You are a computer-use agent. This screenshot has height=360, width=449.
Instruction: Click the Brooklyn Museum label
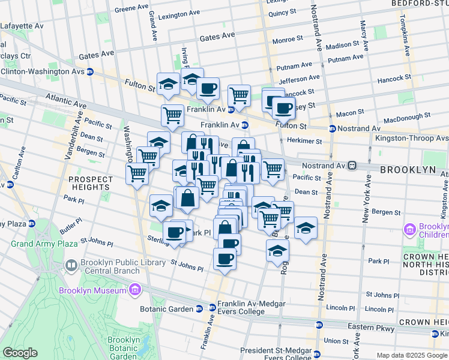coord(92,291)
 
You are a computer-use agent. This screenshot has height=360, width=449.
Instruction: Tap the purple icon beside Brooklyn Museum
coord(134,291)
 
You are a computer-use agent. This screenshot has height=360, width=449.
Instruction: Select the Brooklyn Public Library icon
coord(71,265)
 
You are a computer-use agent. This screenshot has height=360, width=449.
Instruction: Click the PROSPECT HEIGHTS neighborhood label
coord(90,184)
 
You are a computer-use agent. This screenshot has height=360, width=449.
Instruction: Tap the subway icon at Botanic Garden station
coord(199,308)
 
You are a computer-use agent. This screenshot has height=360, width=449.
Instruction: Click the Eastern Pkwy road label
coord(372,328)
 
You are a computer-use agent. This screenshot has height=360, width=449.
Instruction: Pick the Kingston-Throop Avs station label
coord(411,138)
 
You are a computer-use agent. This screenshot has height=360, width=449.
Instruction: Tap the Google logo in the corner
coord(20,353)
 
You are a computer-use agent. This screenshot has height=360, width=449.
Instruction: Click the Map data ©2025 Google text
coord(412,355)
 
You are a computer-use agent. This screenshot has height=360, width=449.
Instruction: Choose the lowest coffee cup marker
coord(224,259)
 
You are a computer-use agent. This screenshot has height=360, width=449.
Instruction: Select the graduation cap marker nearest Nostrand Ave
coord(306,227)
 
